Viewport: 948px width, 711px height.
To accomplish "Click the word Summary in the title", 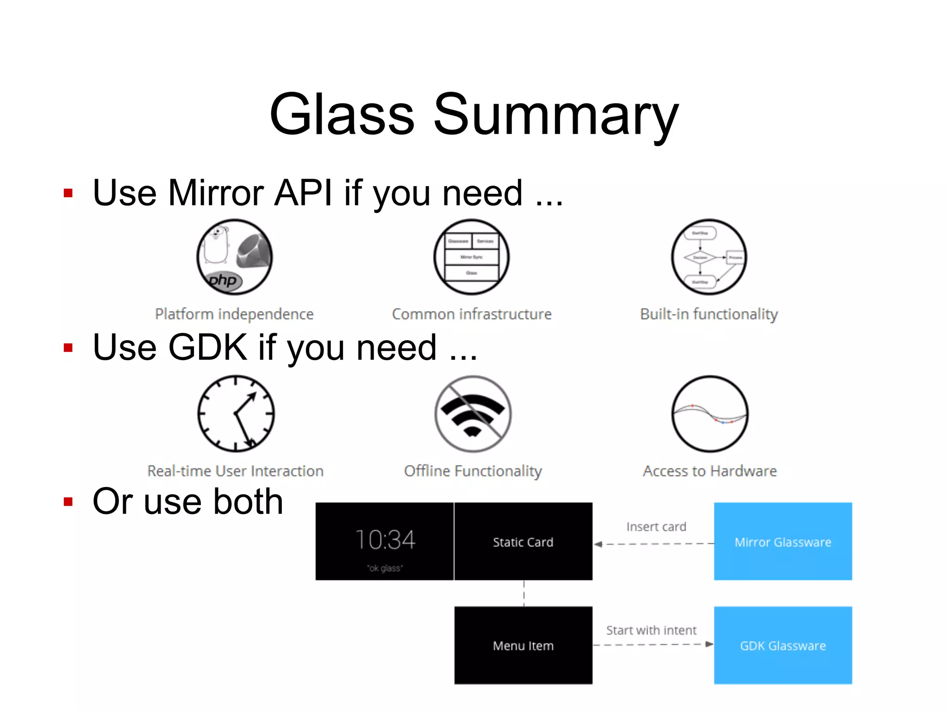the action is (555, 115).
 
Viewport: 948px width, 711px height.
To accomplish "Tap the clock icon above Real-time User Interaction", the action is (236, 413).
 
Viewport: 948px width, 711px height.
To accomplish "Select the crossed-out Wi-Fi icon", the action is (473, 413).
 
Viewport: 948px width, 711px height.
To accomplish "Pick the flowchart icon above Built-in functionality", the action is (709, 257).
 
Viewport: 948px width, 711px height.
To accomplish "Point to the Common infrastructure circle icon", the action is (471, 257).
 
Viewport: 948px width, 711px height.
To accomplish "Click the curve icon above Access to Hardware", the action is (710, 413).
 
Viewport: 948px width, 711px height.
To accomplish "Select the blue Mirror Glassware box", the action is (783, 541).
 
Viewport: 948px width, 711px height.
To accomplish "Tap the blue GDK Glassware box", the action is (783, 645).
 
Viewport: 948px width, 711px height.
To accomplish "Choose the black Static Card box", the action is (523, 542).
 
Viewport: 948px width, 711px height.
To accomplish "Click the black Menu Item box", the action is (523, 645).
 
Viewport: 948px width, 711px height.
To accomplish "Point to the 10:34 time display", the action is (385, 540).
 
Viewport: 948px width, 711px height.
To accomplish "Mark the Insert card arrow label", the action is (656, 527).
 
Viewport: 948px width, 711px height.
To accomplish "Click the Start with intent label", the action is (651, 630).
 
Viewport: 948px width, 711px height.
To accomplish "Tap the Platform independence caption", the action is (234, 314).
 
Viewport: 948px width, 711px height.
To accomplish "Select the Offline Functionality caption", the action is (473, 471).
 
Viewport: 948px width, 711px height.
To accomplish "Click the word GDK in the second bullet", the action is (207, 347).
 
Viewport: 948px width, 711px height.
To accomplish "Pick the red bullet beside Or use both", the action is (69, 502).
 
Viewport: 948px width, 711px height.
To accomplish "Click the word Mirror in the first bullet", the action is (215, 193).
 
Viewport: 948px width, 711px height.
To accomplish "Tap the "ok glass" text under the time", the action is (385, 568).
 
